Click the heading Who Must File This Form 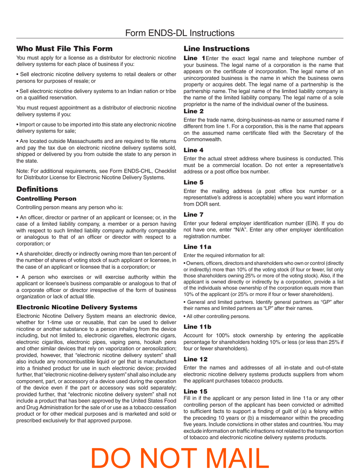click(x=64, y=48)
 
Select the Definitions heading click(x=37, y=189)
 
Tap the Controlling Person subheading click(x=46, y=198)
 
